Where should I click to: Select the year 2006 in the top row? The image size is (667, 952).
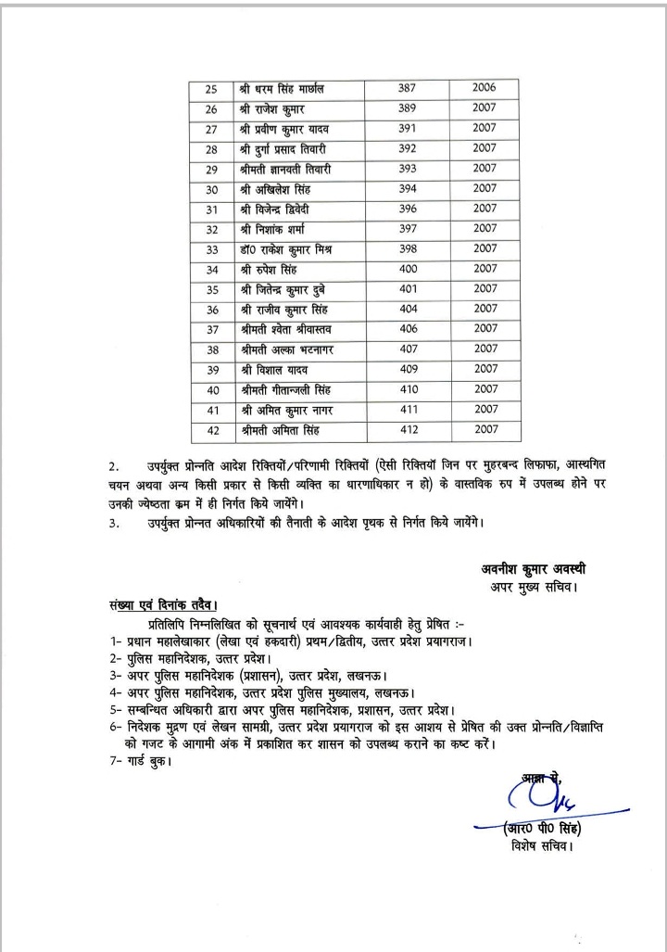point(484,88)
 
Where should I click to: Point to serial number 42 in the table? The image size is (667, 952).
point(212,430)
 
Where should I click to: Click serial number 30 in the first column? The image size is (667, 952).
point(212,189)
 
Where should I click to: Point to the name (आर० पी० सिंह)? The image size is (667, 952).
point(542,828)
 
